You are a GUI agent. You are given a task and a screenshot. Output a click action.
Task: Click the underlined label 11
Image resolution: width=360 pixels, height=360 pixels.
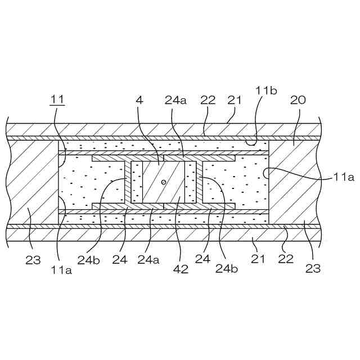click(57, 101)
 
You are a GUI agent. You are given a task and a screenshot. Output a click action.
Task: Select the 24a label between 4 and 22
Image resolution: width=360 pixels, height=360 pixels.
click(175, 101)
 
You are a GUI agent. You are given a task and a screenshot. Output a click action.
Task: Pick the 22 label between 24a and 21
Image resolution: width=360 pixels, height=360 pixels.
click(208, 100)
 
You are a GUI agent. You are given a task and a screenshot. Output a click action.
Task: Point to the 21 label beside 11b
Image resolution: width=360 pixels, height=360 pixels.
click(234, 100)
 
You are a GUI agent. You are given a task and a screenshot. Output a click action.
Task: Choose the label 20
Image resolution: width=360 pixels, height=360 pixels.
click(299, 100)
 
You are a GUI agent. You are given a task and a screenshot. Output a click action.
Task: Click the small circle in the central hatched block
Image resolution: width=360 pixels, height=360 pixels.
click(163, 182)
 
